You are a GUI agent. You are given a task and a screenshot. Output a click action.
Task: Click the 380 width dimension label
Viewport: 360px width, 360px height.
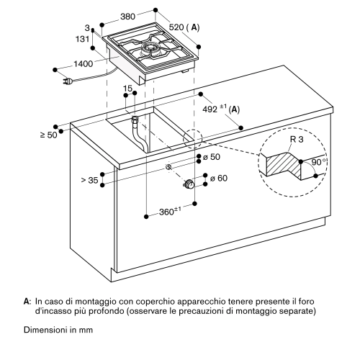tap(128, 17)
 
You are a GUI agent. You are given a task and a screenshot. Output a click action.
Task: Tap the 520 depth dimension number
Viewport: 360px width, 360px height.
tap(176, 27)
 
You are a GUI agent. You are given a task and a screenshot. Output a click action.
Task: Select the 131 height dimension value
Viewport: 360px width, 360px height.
tap(82, 39)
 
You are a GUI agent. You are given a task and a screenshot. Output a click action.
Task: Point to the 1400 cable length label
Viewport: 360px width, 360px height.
tap(83, 64)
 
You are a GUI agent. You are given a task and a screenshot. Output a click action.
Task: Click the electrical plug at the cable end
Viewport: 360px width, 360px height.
tap(68, 82)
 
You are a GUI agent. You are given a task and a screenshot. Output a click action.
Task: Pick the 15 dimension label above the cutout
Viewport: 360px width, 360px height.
tap(127, 89)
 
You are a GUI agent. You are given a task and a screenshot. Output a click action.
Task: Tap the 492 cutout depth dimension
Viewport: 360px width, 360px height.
tap(210, 109)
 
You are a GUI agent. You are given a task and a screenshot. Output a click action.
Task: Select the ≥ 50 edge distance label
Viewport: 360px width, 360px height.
tap(49, 135)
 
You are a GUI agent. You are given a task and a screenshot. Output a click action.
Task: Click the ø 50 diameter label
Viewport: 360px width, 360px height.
tap(212, 157)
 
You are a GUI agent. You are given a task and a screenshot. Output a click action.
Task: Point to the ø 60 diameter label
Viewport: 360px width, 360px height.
tap(219, 179)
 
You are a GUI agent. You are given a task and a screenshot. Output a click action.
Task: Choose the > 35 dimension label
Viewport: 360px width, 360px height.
tap(90, 180)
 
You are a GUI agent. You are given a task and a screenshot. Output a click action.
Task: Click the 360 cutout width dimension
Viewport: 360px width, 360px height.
tap(166, 212)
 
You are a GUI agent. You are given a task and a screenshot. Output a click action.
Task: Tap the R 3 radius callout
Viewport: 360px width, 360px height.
tap(297, 139)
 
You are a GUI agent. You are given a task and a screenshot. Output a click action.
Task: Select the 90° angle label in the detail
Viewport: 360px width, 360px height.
tap(319, 162)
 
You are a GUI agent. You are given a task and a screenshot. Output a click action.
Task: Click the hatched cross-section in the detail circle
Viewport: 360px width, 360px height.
tap(283, 166)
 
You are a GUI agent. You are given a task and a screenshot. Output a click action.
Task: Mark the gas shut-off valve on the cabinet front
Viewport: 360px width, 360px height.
tap(189, 184)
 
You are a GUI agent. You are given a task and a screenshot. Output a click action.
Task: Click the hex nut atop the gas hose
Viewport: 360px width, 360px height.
tap(135, 119)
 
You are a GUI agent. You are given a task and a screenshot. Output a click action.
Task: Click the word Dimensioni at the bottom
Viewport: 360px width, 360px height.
tap(45, 330)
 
